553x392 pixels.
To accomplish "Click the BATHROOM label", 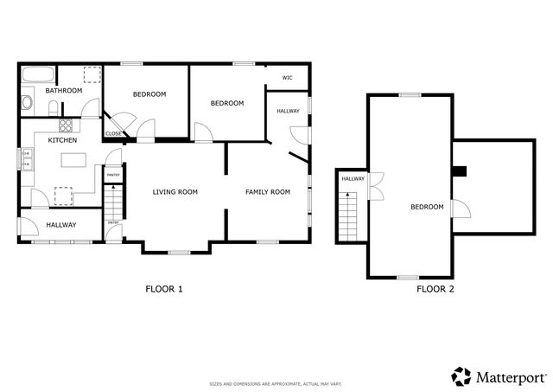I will point(63,90).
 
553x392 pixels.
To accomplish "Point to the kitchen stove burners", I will point(65,125).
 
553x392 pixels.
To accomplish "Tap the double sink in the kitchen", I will point(27,160).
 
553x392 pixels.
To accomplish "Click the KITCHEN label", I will point(63,140).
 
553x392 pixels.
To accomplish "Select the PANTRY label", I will point(112,175).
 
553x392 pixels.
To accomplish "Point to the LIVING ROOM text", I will point(175,192).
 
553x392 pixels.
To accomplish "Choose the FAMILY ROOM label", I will point(267,192).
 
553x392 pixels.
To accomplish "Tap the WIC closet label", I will point(288,78).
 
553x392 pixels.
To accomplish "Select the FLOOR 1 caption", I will point(163,289).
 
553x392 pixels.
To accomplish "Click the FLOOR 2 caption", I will point(435,289).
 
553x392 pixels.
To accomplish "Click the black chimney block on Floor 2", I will point(460,171).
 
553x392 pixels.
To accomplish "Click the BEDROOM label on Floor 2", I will point(426,207).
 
